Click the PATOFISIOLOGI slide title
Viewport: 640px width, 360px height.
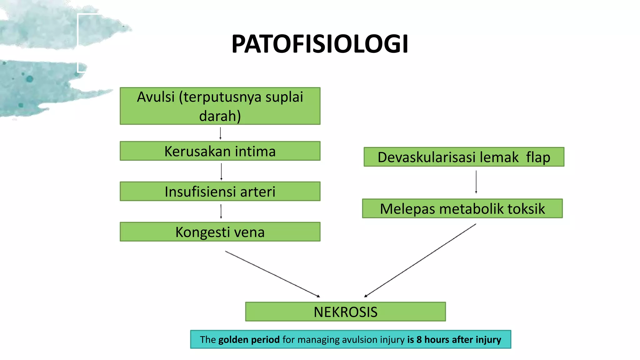[x=320, y=44]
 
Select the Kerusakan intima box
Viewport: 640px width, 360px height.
[x=220, y=151]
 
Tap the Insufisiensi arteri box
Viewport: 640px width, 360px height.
[x=220, y=192]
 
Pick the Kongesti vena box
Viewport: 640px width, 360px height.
[x=220, y=232]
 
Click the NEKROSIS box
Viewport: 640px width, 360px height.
[x=345, y=312]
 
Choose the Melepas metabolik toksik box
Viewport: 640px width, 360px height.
[x=462, y=209]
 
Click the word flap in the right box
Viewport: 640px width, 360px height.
[x=538, y=157]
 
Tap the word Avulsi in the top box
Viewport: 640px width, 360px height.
[x=156, y=97]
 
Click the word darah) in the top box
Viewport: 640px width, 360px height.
[x=220, y=116]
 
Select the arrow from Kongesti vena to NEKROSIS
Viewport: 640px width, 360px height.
[x=272, y=274]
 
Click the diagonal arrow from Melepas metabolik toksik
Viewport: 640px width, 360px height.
[x=420, y=260]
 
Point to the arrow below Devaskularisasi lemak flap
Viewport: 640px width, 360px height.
[x=476, y=182]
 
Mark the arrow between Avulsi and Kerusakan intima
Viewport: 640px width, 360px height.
[x=220, y=133]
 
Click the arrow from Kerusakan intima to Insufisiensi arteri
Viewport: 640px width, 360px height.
[x=221, y=171]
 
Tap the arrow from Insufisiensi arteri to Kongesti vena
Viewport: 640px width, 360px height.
[x=221, y=211]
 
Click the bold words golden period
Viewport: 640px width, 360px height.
[x=249, y=340]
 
